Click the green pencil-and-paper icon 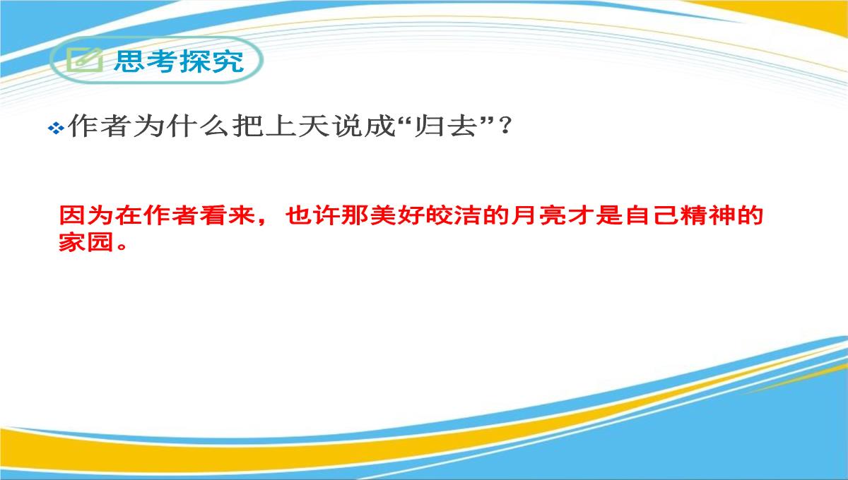85,60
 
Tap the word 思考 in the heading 146,61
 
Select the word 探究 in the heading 211,61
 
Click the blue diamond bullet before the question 56,128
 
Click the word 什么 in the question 198,126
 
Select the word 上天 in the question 296,126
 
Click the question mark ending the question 505,126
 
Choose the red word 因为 86,215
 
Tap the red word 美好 397,215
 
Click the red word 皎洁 454,215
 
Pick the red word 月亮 538,215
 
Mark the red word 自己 651,215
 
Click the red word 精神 707,215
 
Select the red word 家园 86,242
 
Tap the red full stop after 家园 122,246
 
